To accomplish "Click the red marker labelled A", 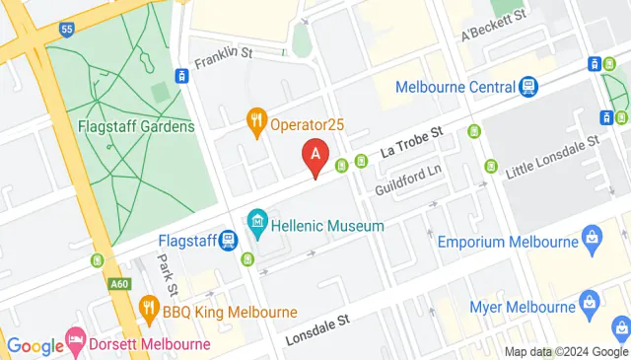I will (315, 156).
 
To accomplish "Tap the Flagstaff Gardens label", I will (122, 126).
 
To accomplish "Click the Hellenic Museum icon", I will (257, 220).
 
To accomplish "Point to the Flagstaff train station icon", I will (228, 239).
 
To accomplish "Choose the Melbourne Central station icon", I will (529, 87).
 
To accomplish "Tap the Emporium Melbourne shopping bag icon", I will (592, 237).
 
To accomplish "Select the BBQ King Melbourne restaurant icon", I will (149, 306).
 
